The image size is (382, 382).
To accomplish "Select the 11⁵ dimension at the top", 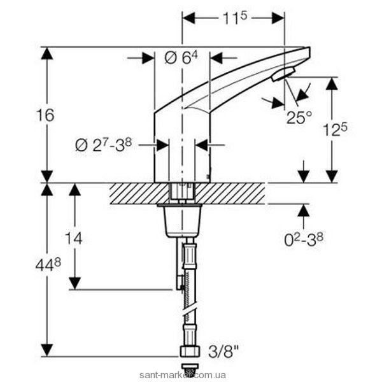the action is coord(234,18).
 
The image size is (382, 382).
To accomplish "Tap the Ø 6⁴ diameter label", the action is coord(182,58).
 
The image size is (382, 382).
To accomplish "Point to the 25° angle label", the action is coord(299,118).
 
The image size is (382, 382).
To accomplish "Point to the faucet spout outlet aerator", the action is coord(281,75).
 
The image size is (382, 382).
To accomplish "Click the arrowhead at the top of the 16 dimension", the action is coord(46,53).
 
